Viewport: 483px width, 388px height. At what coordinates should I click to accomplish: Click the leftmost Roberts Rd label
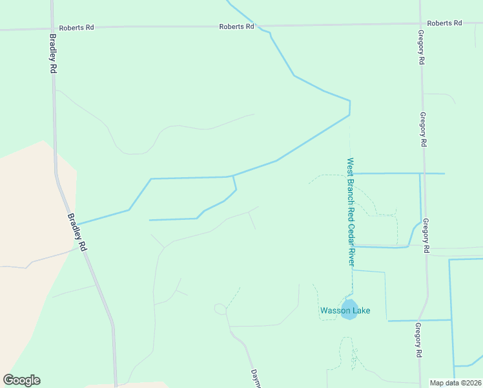point(76,28)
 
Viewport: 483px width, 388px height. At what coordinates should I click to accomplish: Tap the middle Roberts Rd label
point(236,27)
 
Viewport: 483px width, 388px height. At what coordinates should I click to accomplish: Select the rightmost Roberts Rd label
point(444,23)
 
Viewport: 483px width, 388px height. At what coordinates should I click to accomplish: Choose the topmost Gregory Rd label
point(421,47)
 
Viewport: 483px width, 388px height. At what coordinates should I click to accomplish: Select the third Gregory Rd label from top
point(426,236)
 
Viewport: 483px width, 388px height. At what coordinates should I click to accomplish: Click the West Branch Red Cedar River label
point(351,211)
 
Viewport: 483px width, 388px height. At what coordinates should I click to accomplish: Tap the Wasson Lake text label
point(345,311)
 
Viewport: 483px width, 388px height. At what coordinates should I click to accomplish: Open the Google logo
point(21,380)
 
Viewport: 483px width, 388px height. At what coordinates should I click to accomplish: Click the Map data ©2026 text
point(455,383)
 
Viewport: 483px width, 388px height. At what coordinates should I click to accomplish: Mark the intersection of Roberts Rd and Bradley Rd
point(51,29)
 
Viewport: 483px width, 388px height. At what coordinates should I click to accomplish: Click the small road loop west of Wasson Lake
point(220,309)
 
